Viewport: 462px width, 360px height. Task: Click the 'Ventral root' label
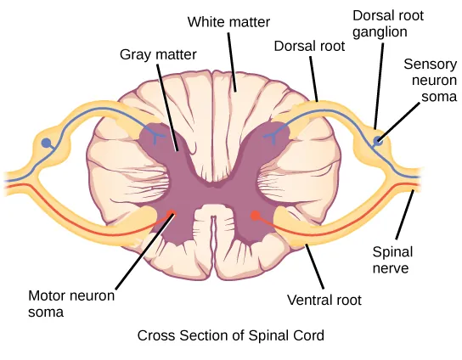pos(324,300)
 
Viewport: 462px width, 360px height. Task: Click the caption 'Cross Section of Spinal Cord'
pos(231,335)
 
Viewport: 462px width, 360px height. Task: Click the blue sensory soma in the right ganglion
pos(378,139)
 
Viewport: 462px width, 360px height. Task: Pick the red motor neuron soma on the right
pos(255,216)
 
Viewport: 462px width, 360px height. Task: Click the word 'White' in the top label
pos(206,20)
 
